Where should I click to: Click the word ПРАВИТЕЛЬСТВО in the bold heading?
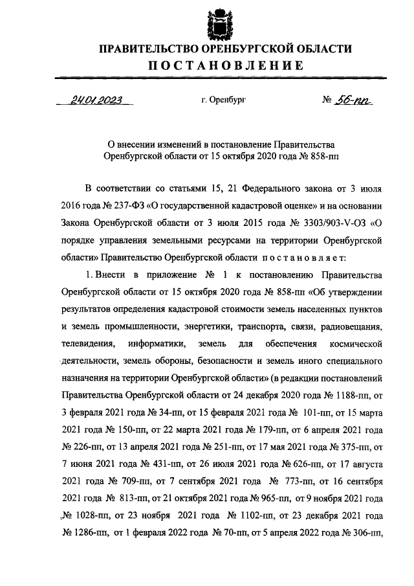(149, 49)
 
